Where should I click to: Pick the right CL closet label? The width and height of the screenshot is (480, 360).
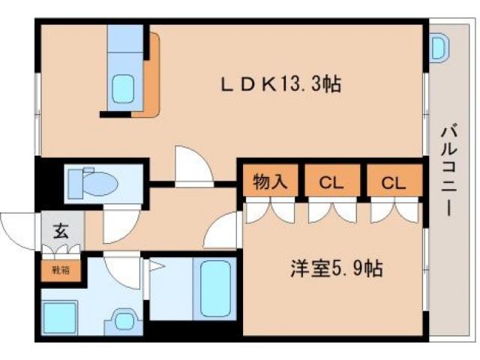(x=393, y=182)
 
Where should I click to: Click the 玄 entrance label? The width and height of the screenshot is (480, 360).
(x=60, y=231)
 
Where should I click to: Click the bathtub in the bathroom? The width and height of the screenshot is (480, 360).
(x=215, y=289)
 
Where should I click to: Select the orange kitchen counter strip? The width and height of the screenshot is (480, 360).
(x=151, y=75)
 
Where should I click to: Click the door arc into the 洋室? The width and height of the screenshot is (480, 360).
(x=223, y=231)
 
